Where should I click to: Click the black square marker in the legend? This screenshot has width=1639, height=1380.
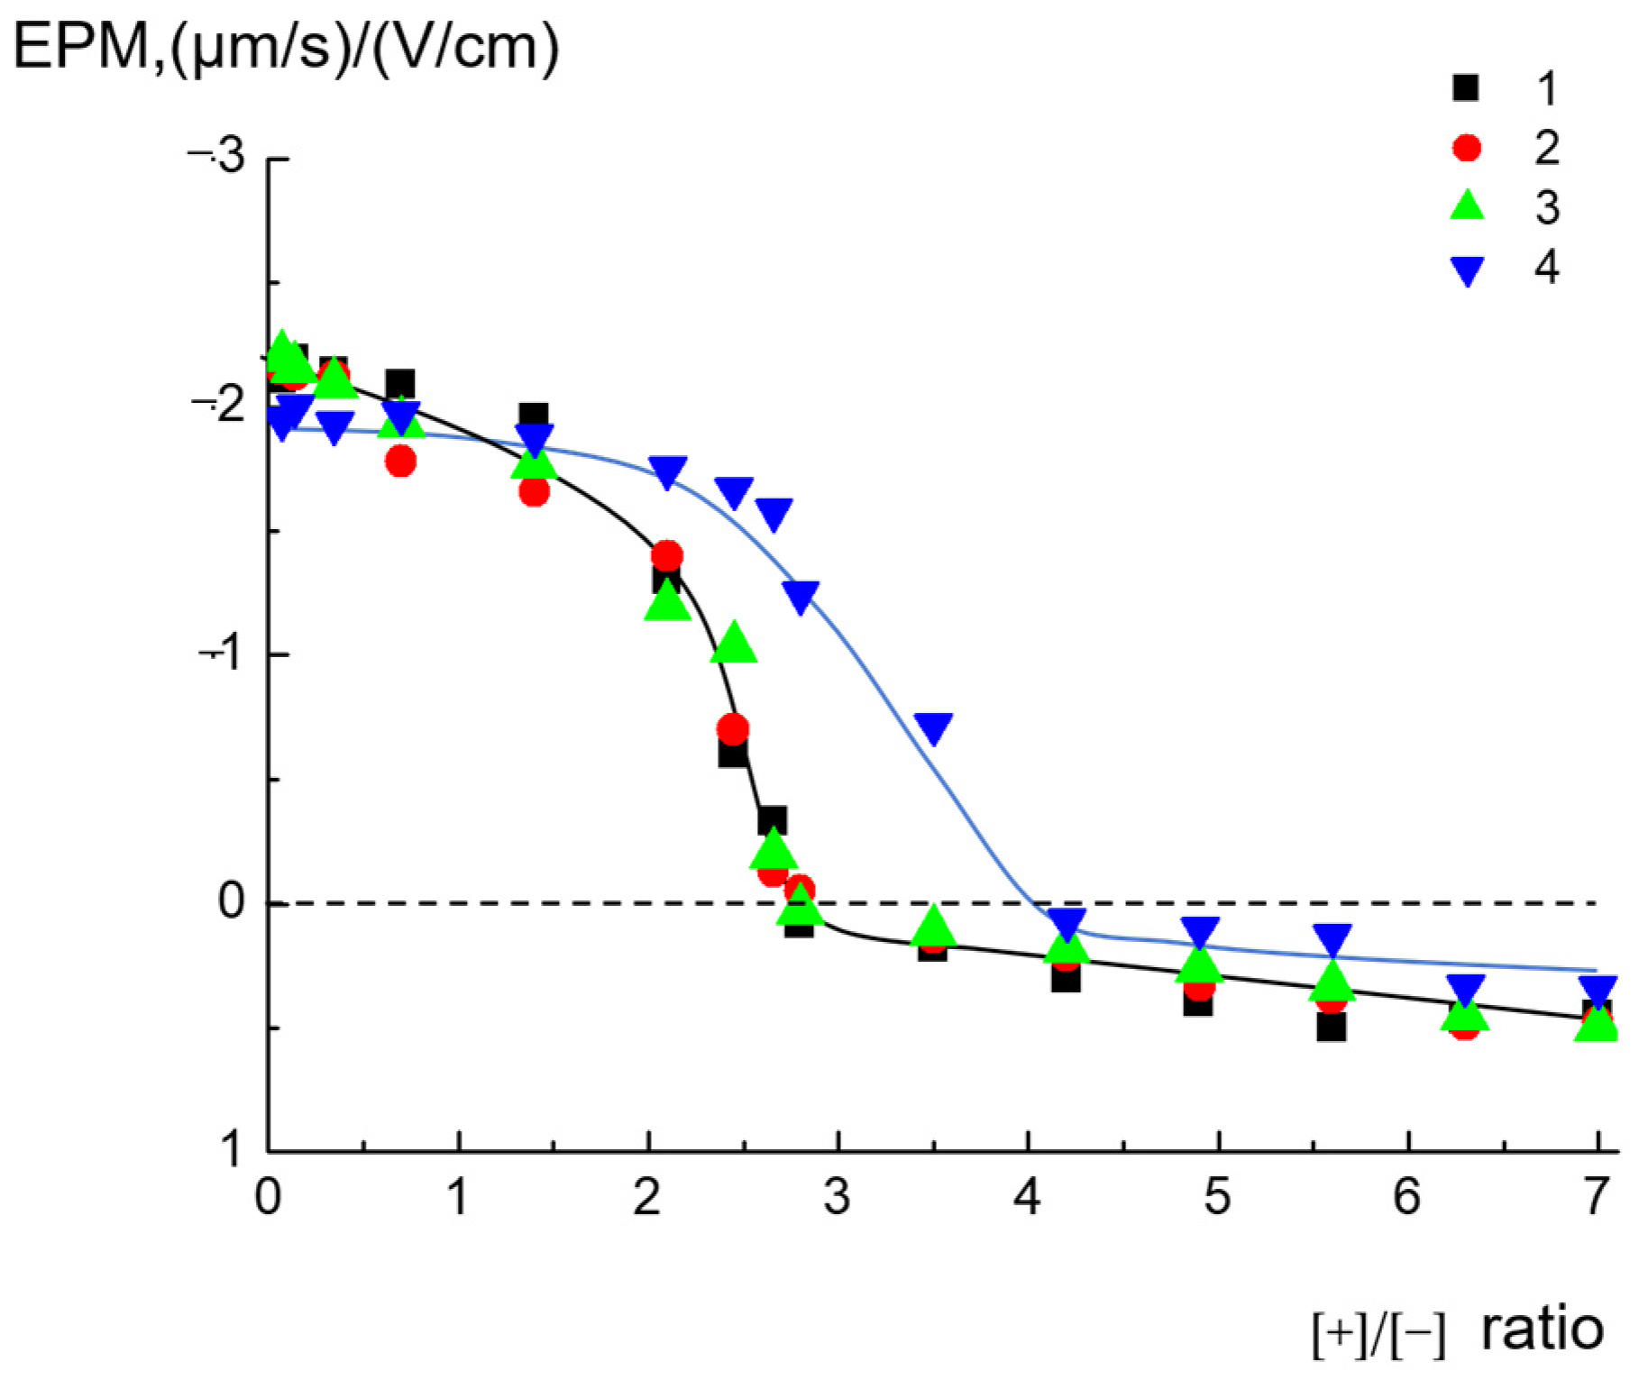click(x=1466, y=88)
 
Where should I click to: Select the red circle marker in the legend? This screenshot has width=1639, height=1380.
click(x=1467, y=148)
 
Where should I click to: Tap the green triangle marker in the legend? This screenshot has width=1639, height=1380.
click(x=1467, y=206)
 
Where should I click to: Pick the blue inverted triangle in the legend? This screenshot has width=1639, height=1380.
click(x=1467, y=270)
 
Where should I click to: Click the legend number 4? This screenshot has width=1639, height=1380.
click(x=1547, y=267)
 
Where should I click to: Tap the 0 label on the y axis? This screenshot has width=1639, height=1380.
click(x=231, y=900)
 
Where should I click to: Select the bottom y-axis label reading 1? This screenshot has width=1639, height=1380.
click(x=232, y=1149)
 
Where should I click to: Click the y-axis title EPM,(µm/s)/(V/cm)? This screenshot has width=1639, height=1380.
click(x=286, y=47)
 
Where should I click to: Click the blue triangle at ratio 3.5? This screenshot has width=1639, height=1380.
click(x=933, y=727)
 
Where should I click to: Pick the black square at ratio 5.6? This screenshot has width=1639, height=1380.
click(x=1331, y=1027)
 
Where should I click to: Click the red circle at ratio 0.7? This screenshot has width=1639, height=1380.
click(x=400, y=462)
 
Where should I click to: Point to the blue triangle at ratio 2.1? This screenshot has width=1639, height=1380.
click(x=667, y=471)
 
